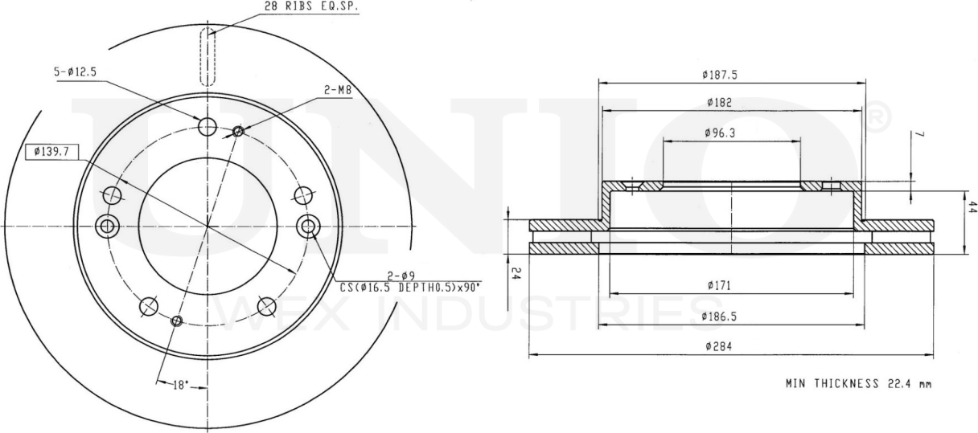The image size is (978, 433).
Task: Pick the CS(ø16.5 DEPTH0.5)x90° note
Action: pyautogui.click(x=410, y=288)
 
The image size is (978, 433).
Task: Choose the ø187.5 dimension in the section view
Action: pyautogui.click(x=720, y=75)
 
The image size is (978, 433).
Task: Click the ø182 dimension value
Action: pyautogui.click(x=720, y=102)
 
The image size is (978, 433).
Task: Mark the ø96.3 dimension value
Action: pyautogui.click(x=720, y=132)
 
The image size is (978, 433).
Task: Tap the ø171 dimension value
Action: pyautogui.click(x=720, y=284)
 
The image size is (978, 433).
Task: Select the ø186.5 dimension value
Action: pyautogui.click(x=720, y=317)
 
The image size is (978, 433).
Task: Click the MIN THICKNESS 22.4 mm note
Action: pyautogui.click(x=858, y=384)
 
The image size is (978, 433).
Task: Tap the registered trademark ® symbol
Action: pyautogui.click(x=878, y=119)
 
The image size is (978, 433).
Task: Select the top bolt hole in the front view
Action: pyautogui.click(x=208, y=126)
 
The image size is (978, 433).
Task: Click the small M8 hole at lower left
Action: pyautogui.click(x=178, y=321)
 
